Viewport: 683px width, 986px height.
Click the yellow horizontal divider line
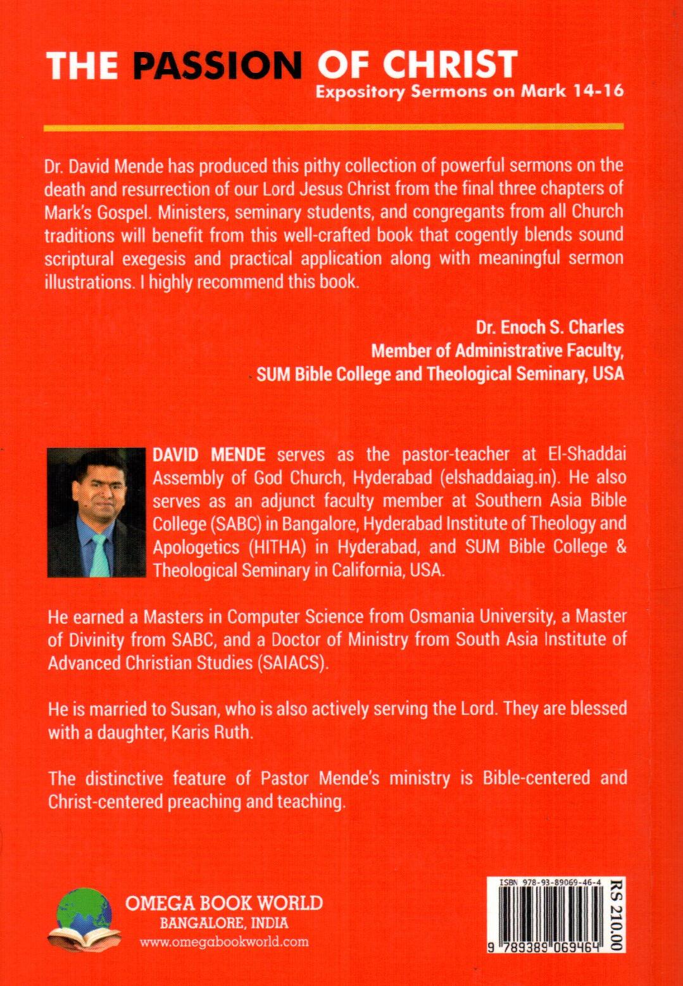(x=334, y=128)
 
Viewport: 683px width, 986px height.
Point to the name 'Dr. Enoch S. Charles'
(x=549, y=327)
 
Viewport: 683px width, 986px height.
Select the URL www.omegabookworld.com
(x=224, y=941)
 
